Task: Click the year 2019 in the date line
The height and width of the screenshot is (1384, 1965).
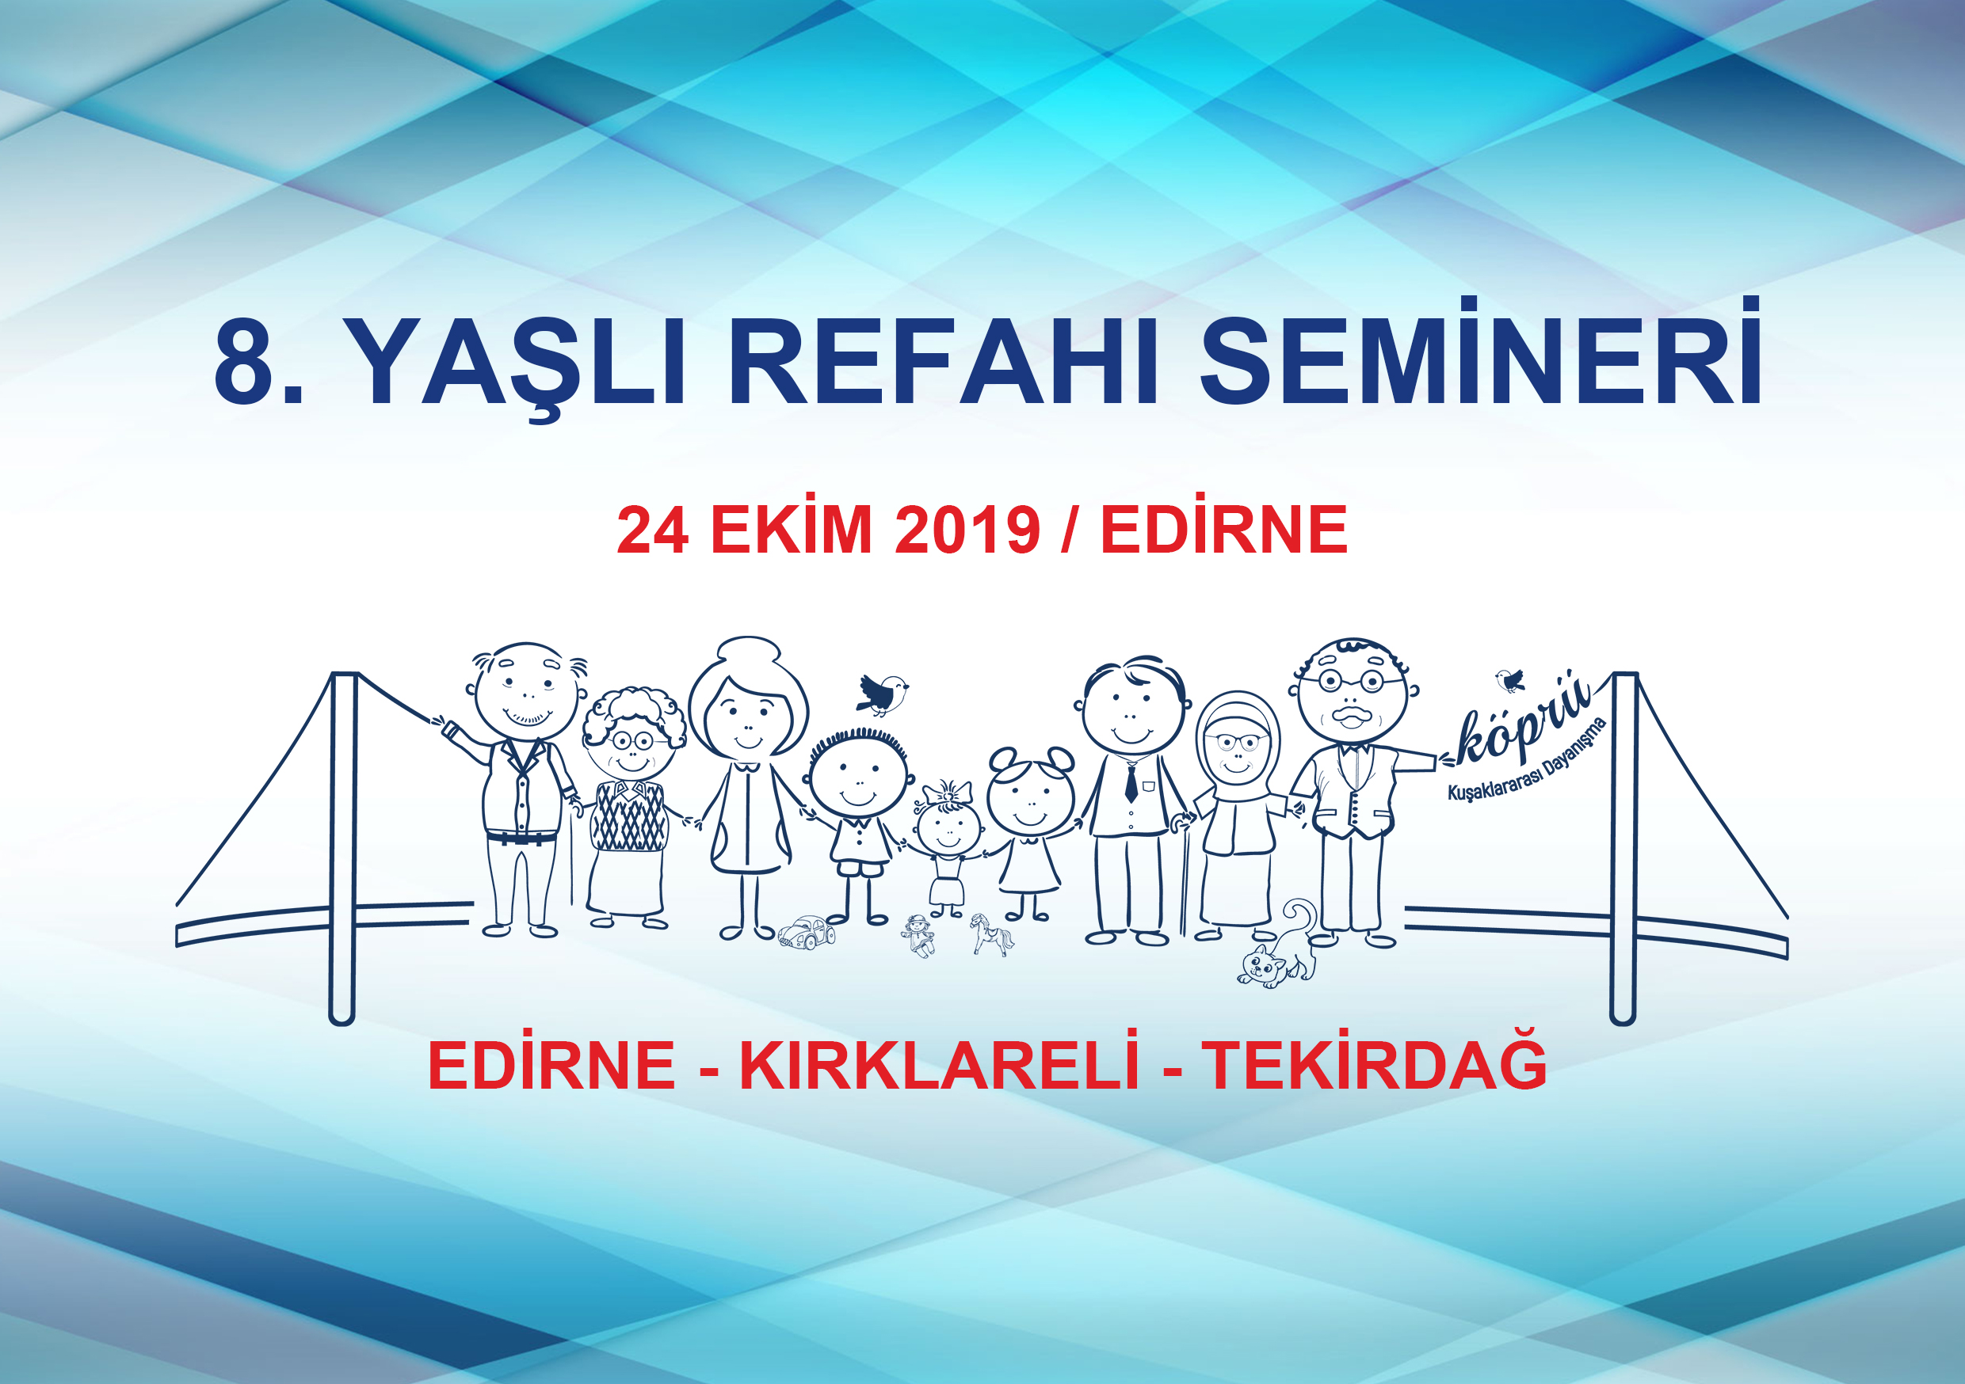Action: pos(967,530)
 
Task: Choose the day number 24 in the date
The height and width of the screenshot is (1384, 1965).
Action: pos(652,530)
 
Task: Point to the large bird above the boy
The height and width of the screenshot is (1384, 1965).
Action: pos(882,694)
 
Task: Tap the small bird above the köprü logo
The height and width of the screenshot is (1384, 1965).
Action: pos(1510,680)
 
